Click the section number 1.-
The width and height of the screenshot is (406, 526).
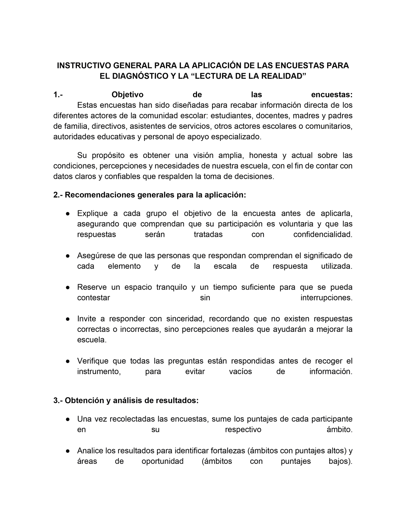point(58,95)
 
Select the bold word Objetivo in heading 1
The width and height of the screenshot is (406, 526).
point(127,95)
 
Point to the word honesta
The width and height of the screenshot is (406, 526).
point(263,155)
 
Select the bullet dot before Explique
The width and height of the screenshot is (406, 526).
point(68,213)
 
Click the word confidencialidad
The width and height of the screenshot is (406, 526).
point(323,235)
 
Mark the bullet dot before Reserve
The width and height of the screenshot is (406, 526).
point(68,287)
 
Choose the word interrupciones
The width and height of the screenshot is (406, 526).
point(326,298)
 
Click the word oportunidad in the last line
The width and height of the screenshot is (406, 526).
point(162,461)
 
